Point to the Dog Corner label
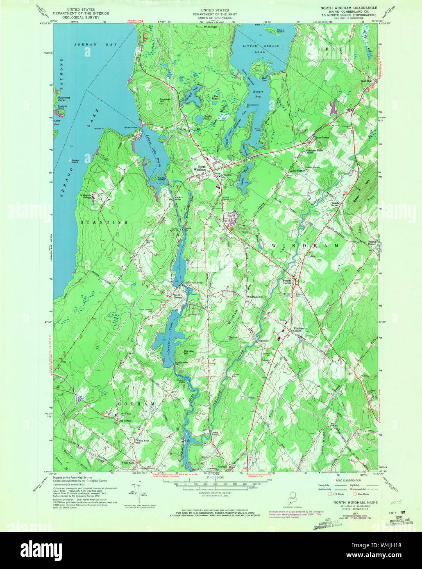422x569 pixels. pyautogui.click(x=125, y=421)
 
